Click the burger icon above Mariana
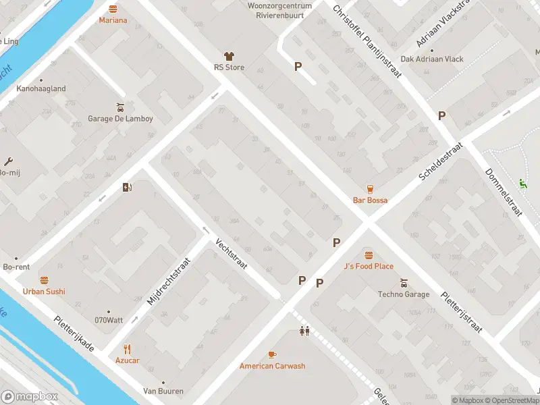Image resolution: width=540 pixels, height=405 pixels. click(113, 9)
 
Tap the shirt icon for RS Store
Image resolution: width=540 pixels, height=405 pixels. click(229, 57)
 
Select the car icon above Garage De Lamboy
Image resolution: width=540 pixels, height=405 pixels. click(120, 107)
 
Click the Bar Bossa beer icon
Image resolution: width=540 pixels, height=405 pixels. click(370, 188)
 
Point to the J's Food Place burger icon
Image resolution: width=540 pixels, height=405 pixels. click(369, 254)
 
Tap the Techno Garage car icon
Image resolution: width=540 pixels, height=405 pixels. click(404, 283)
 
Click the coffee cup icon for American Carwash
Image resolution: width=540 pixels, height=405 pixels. click(272, 354)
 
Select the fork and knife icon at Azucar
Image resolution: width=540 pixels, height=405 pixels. click(127, 349)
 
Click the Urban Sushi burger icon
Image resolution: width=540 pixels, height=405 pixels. click(44, 279)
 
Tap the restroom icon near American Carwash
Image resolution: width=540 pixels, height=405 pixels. click(304, 331)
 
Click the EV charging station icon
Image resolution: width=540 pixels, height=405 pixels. click(126, 188)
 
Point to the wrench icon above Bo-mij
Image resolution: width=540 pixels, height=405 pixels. click(8, 161)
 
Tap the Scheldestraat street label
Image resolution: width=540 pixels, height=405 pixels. click(441, 161)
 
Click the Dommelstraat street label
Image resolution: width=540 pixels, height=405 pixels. click(504, 192)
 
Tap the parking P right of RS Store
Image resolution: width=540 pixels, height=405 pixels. click(298, 66)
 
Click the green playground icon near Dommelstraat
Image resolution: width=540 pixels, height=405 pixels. click(522, 182)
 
